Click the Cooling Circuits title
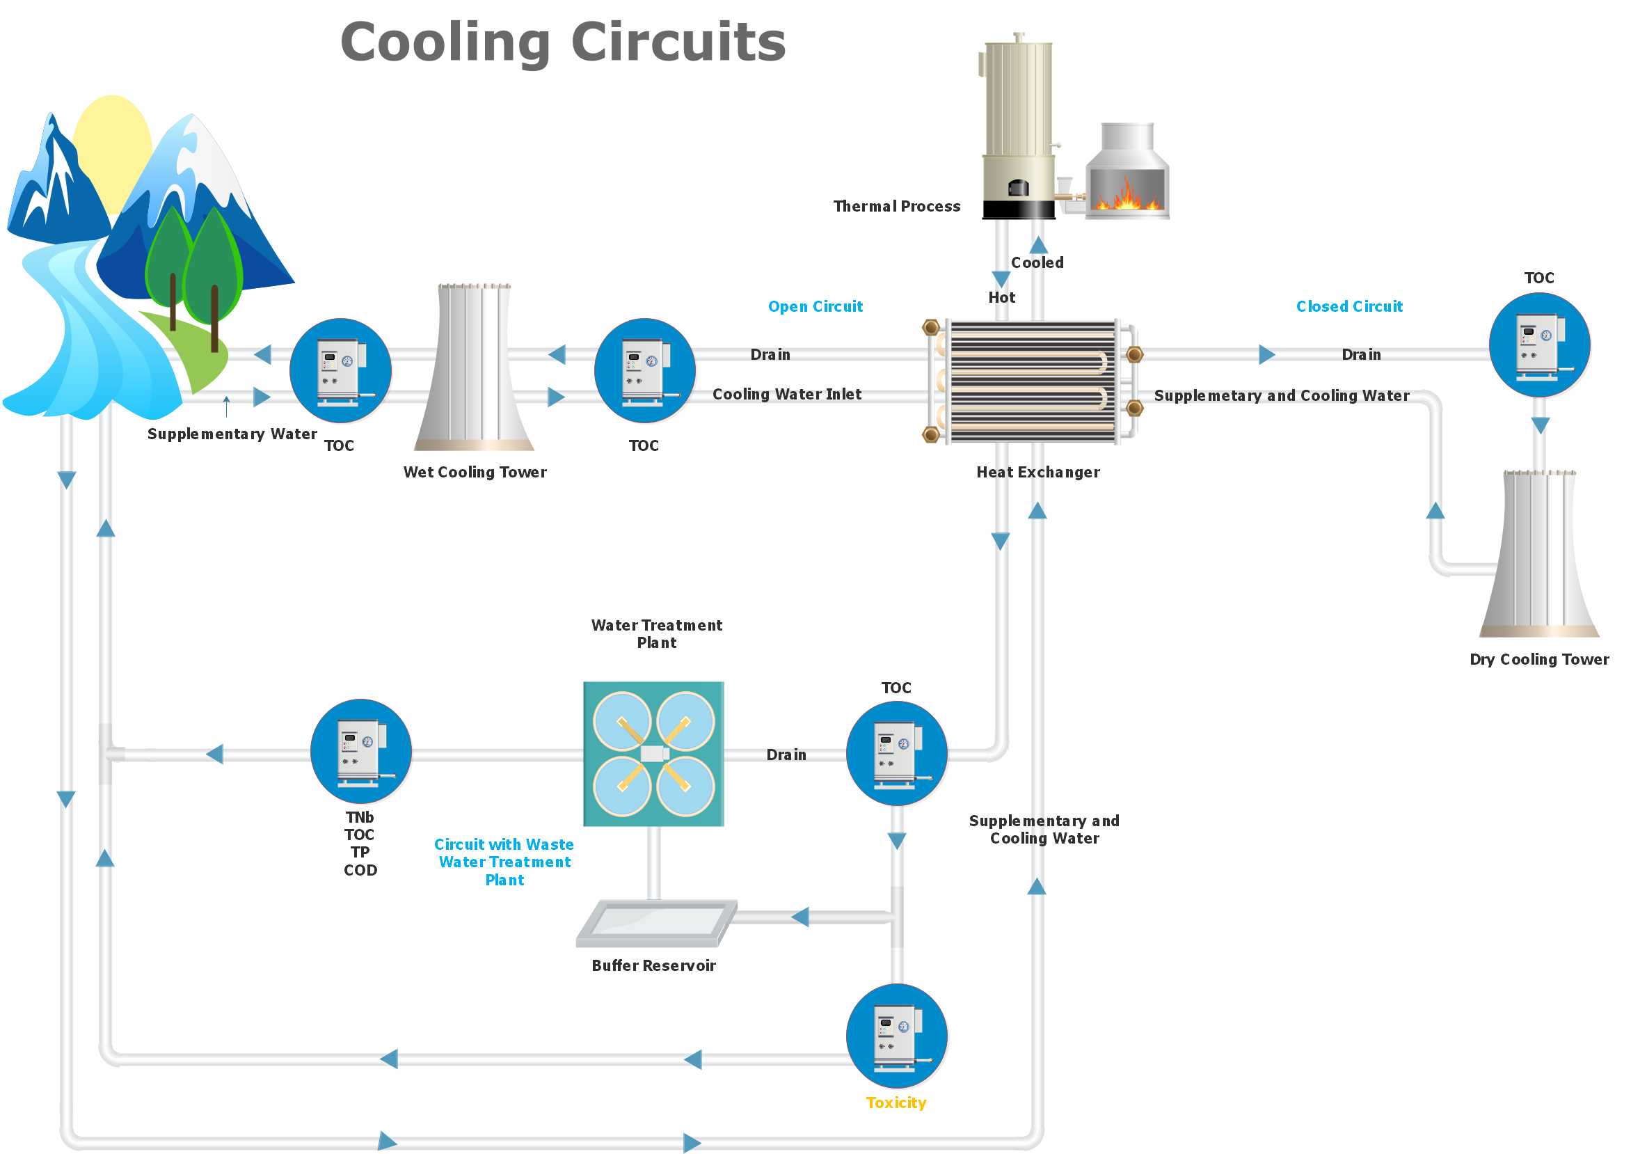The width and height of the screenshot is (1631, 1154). (x=563, y=42)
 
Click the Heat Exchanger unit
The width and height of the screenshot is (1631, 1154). (x=1032, y=382)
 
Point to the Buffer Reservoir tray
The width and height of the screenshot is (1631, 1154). (x=656, y=922)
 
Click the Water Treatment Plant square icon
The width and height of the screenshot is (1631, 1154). (x=653, y=754)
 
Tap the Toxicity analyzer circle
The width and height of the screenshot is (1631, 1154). (x=897, y=1036)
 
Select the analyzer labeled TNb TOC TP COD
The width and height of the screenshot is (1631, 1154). (x=361, y=752)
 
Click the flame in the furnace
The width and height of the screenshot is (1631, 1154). (x=1127, y=195)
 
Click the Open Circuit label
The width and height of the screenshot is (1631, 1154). (x=815, y=306)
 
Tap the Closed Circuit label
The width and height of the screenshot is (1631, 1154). (x=1349, y=306)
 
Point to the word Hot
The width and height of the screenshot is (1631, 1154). (x=1001, y=298)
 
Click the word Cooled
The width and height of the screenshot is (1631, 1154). (x=1037, y=263)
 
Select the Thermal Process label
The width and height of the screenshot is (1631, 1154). (x=896, y=207)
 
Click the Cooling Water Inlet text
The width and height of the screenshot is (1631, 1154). (x=786, y=395)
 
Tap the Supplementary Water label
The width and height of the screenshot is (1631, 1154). (x=232, y=434)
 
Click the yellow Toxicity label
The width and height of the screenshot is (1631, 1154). (x=896, y=1102)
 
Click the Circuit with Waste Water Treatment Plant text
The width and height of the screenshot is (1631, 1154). (x=504, y=862)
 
